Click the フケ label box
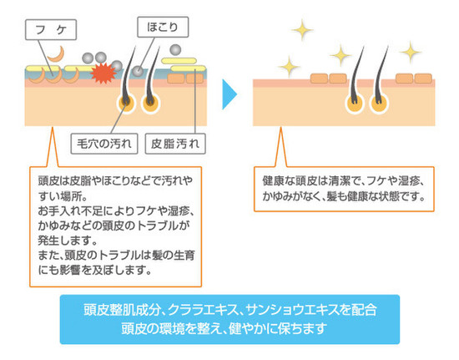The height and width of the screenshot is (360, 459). point(51,29)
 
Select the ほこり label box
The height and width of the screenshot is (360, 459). point(163,27)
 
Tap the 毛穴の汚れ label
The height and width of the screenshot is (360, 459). point(104,144)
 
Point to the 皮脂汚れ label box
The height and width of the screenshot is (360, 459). point(175,144)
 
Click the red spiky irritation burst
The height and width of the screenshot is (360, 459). point(103,74)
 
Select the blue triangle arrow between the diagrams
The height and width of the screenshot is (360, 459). point(229,94)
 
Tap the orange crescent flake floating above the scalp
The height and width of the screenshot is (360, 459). point(57,54)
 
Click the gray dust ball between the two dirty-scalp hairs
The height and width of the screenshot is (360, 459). point(138,71)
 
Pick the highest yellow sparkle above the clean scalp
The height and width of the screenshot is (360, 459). point(302,29)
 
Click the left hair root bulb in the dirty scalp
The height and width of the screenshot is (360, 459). point(126,104)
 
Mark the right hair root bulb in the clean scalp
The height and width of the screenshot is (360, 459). point(379,104)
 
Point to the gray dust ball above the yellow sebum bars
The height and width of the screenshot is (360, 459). point(175,50)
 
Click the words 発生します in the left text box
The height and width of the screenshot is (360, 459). point(68,241)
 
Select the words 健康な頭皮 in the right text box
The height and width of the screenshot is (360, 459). point(290,180)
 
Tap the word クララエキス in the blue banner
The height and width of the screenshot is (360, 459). point(204,310)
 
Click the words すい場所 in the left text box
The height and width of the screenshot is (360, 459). point(63,195)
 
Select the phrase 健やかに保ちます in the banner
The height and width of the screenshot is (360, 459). point(278,328)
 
